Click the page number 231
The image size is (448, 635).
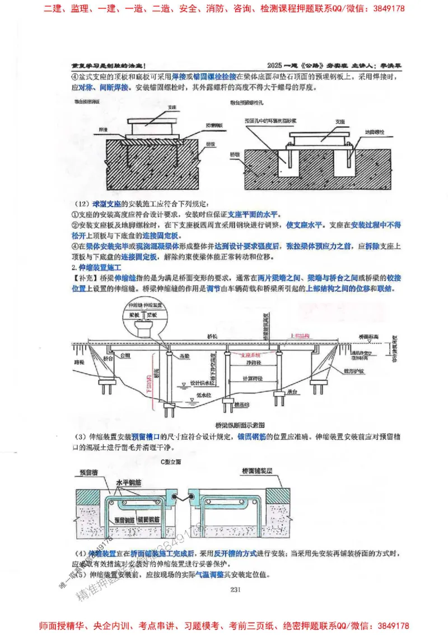(x=235, y=589)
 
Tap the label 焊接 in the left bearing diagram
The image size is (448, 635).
(x=103, y=130)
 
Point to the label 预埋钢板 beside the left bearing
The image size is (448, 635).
(x=213, y=126)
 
